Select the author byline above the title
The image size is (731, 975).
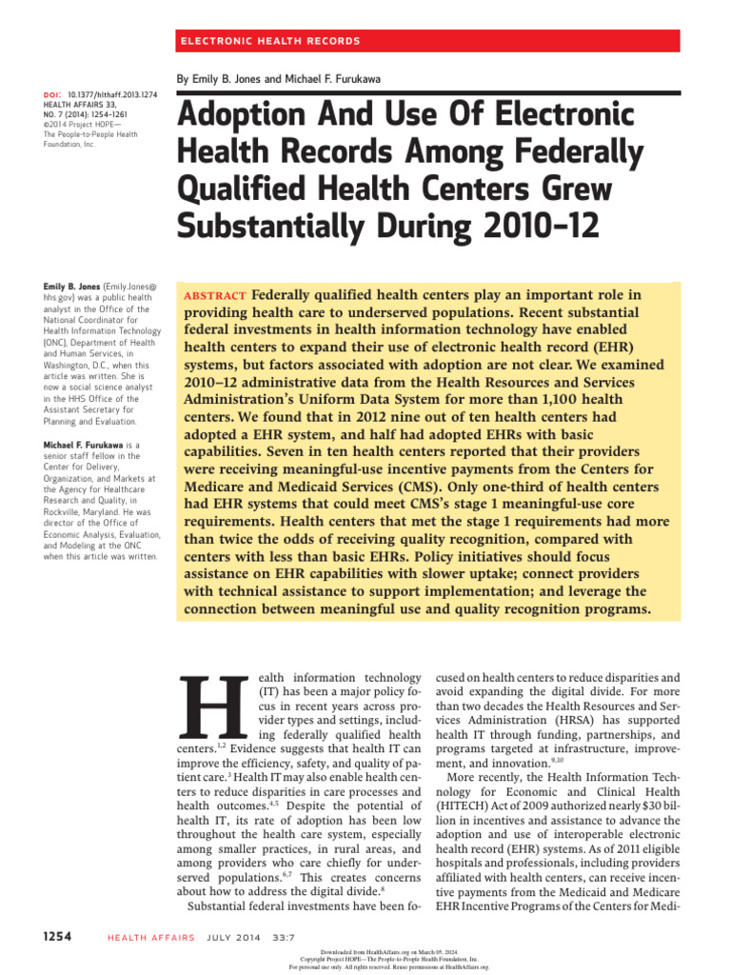pyautogui.click(x=279, y=78)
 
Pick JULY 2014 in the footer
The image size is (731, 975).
pyautogui.click(x=232, y=936)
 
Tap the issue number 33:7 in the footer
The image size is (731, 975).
pyautogui.click(x=287, y=936)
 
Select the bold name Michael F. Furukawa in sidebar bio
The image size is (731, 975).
pyautogui.click(x=84, y=445)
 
